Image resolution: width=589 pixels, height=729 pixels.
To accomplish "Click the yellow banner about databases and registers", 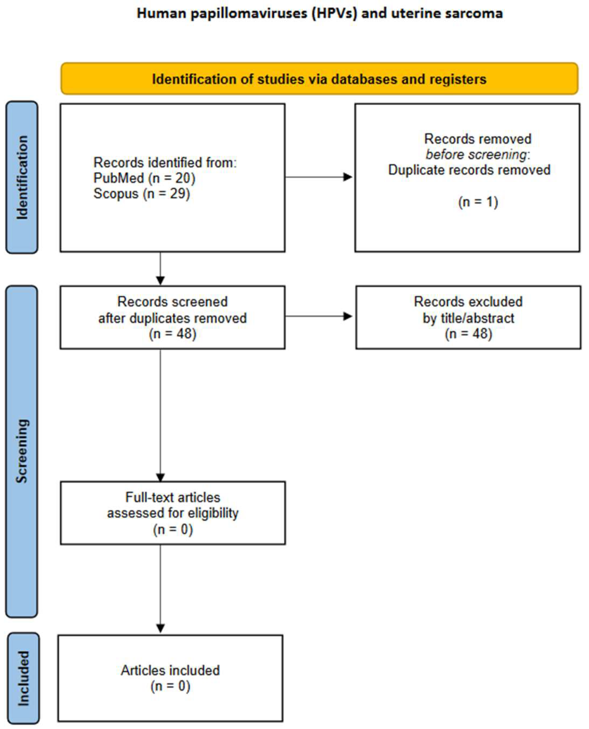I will point(319,79).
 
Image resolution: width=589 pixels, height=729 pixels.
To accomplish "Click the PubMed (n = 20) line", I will point(144,178).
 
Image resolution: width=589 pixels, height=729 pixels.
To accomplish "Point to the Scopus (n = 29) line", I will point(141,194).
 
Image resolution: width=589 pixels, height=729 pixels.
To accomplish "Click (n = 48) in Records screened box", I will point(172,334).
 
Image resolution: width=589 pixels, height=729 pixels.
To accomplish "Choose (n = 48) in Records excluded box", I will point(468,334).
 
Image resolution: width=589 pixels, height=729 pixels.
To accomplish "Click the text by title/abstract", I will point(468,318).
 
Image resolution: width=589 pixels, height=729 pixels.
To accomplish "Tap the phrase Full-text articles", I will point(172,498).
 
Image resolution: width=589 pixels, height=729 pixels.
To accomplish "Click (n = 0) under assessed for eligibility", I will point(172,529).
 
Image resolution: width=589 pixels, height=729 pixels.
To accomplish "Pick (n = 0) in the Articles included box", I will point(170,686).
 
